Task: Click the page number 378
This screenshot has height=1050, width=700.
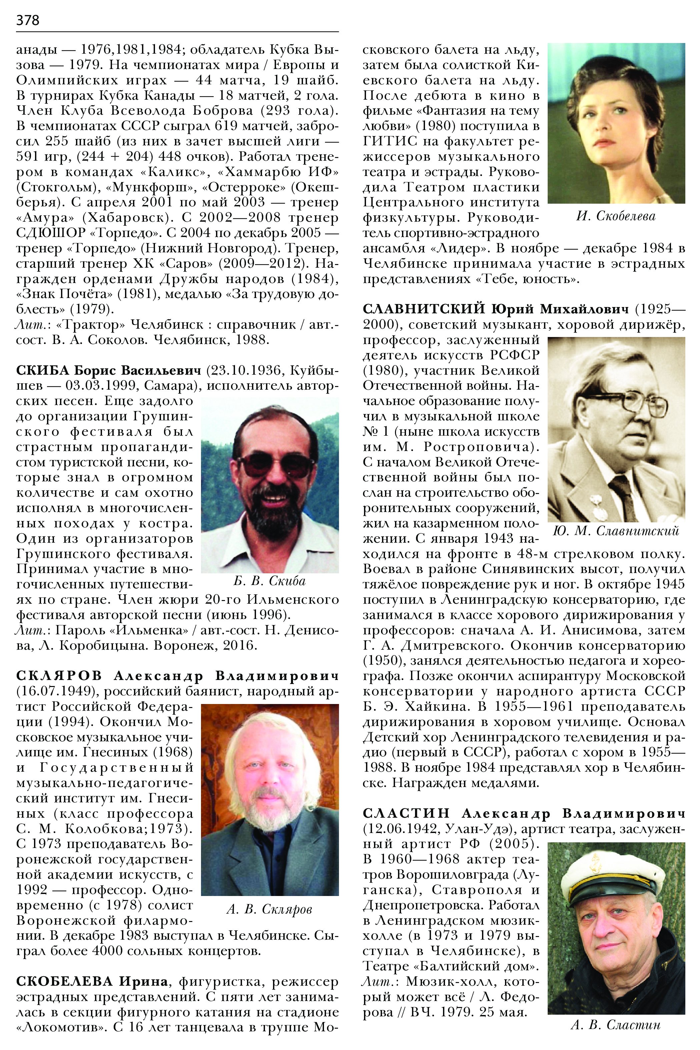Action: point(28,20)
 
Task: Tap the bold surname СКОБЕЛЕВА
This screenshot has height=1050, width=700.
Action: point(64,982)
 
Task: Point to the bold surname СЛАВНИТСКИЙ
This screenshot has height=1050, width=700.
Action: point(424,309)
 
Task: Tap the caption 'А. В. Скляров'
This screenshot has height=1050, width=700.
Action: point(269,909)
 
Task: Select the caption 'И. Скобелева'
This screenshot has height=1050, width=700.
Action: point(616,216)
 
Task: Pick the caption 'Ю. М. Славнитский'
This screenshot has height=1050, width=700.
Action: point(616,531)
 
